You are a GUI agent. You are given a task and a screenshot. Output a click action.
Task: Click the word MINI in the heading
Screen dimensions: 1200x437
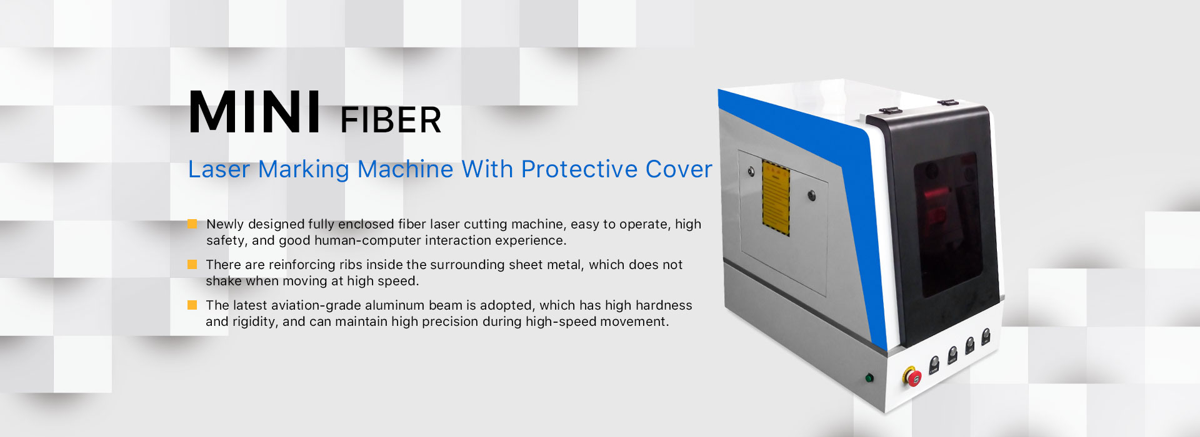(255, 112)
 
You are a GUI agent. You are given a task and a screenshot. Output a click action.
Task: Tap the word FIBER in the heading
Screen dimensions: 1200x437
(391, 120)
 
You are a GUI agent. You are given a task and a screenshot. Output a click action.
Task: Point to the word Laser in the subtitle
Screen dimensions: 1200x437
(219, 169)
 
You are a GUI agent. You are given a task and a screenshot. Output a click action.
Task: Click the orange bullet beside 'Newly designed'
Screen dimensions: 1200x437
(192, 223)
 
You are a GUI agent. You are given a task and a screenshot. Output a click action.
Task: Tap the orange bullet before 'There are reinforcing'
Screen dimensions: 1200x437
(192, 264)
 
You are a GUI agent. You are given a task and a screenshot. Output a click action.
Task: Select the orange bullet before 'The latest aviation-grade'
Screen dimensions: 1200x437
(192, 305)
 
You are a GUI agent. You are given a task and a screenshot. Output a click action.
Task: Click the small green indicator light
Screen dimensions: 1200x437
(869, 378)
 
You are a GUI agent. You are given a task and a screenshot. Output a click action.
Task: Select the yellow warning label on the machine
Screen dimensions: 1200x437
(776, 198)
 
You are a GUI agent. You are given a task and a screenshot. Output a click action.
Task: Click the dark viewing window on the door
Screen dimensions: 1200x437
(947, 223)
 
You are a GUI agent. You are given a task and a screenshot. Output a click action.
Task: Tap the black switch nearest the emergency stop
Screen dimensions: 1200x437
(934, 365)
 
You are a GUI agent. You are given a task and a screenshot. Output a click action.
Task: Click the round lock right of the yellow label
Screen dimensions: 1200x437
(812, 196)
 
